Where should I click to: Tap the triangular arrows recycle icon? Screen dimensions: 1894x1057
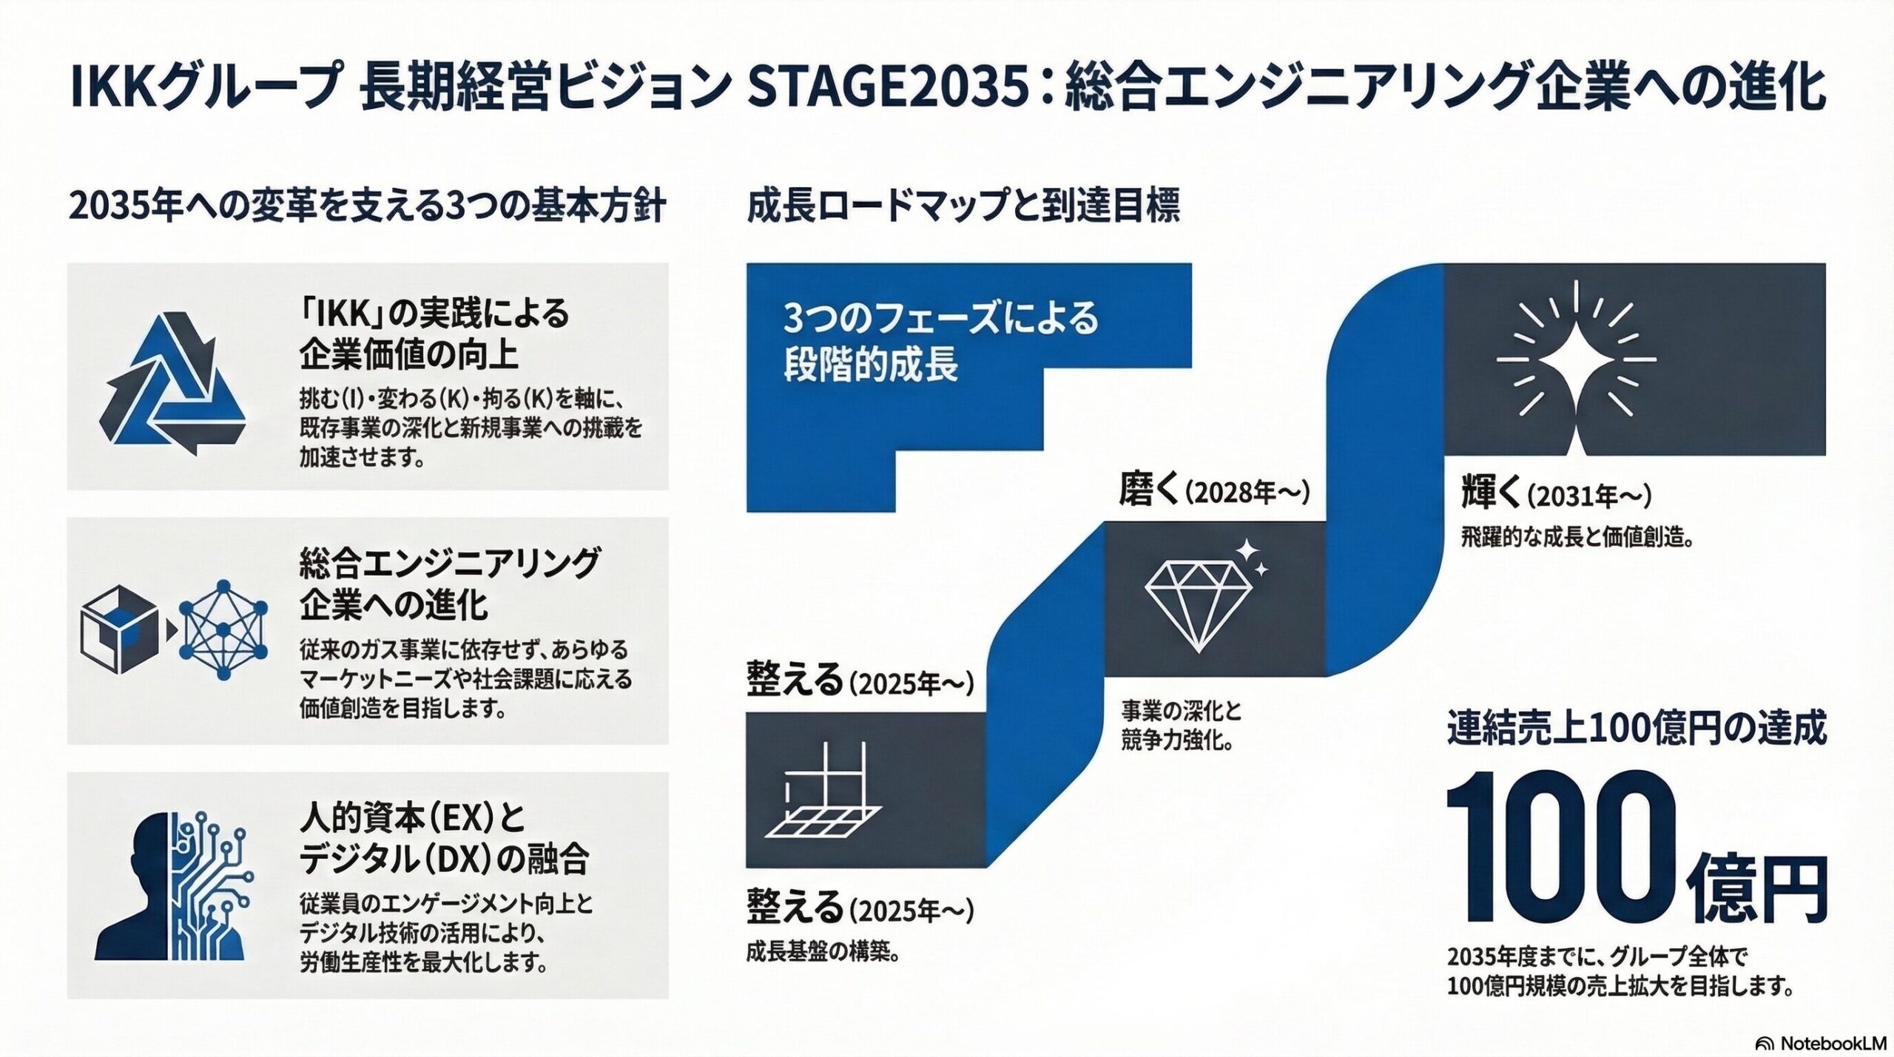[172, 384]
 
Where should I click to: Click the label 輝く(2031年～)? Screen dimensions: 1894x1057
[1557, 494]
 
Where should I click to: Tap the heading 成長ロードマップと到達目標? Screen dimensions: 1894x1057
[963, 206]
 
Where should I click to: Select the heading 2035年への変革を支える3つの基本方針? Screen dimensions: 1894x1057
[367, 206]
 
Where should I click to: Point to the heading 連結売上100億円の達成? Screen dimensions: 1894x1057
[1637, 728]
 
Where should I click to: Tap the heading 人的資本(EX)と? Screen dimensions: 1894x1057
[412, 818]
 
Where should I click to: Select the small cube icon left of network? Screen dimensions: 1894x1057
[119, 630]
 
